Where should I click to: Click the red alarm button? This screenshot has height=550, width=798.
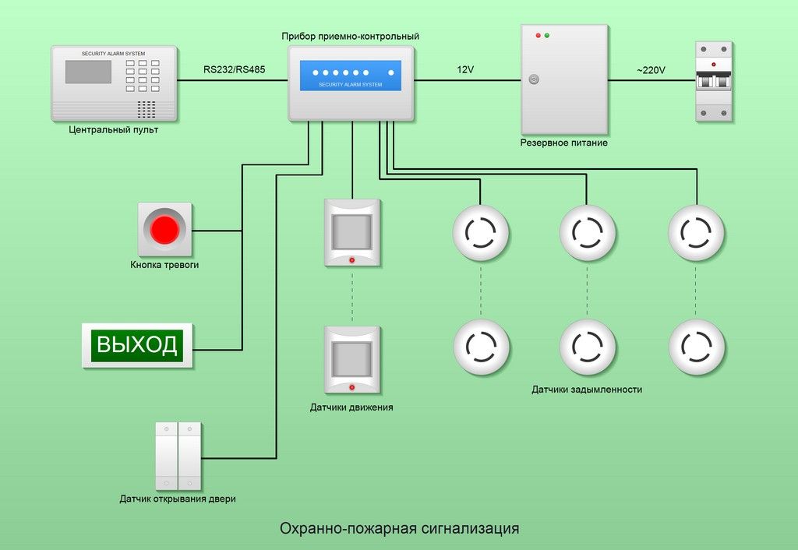click(x=164, y=229)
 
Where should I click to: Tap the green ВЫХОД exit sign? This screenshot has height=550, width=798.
click(x=137, y=344)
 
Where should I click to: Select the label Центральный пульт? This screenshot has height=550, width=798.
click(x=112, y=130)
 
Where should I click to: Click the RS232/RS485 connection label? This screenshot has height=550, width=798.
click(x=234, y=70)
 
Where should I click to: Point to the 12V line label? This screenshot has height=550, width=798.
click(x=465, y=70)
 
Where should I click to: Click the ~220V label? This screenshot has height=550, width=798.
click(x=651, y=70)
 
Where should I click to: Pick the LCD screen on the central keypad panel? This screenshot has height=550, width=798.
click(x=88, y=72)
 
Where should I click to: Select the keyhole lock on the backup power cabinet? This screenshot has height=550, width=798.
click(x=534, y=79)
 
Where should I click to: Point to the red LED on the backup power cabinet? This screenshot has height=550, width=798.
click(x=536, y=36)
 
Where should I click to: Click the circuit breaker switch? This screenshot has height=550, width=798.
click(x=714, y=81)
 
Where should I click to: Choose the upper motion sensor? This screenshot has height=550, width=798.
click(x=352, y=232)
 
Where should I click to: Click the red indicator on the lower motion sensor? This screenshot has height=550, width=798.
click(x=352, y=387)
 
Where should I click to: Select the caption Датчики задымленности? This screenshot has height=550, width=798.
click(x=587, y=390)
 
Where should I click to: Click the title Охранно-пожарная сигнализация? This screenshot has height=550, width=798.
click(x=399, y=529)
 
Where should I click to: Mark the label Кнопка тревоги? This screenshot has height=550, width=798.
click(x=164, y=266)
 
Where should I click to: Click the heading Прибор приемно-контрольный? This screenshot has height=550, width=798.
click(x=351, y=37)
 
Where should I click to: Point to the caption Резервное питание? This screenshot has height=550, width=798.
click(x=564, y=143)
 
